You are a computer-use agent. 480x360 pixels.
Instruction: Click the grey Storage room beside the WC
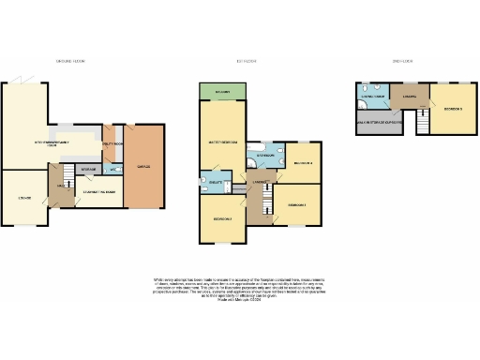tap(90, 170)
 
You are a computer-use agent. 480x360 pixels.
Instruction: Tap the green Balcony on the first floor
tap(221, 92)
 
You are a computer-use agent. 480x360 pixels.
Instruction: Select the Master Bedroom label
tap(221, 142)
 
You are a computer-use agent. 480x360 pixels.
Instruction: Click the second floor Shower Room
tap(375, 96)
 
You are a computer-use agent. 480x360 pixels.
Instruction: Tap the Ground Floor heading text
tap(70, 61)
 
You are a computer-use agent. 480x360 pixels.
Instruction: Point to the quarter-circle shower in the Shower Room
tap(363, 91)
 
